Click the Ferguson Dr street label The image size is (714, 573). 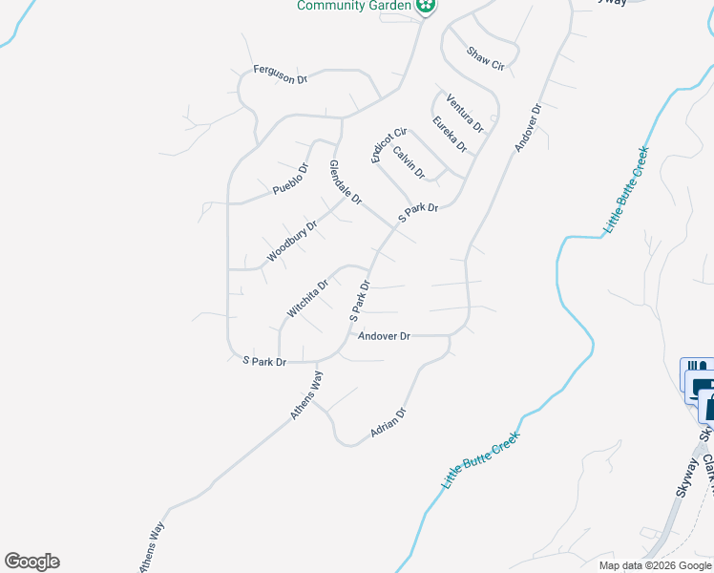pyautogui.click(x=280, y=74)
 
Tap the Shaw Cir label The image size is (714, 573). pyautogui.click(x=484, y=58)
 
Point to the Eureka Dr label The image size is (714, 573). pyautogui.click(x=449, y=135)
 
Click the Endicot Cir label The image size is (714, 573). pyautogui.click(x=389, y=145)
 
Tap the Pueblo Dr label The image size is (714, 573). pyautogui.click(x=291, y=180)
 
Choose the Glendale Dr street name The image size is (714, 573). pyautogui.click(x=346, y=182)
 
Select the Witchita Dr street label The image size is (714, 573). pyautogui.click(x=307, y=298)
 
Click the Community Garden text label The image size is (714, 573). pyautogui.click(x=352, y=6)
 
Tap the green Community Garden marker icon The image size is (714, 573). pyautogui.click(x=427, y=7)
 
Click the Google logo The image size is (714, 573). pyautogui.click(x=31, y=562)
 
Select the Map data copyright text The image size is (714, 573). pyautogui.click(x=655, y=565)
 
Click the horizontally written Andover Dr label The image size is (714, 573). pyautogui.click(x=384, y=336)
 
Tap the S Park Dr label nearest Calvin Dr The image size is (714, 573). pyautogui.click(x=417, y=213)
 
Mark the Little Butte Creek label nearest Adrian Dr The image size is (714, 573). pyautogui.click(x=481, y=460)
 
